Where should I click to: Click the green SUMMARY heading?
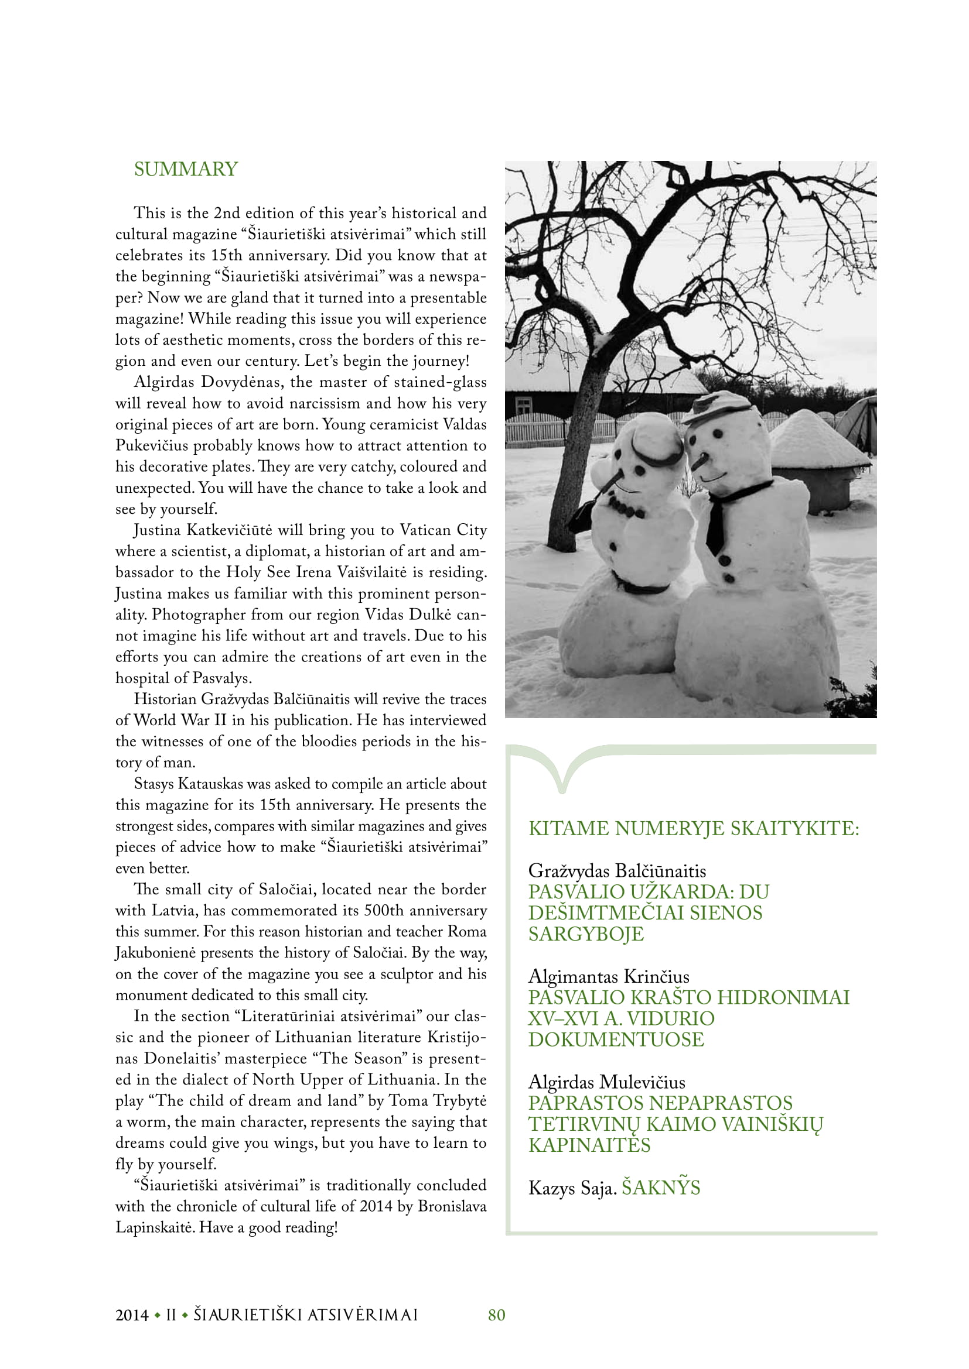click(186, 169)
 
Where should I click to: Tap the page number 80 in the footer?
click(496, 1315)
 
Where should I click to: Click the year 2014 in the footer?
click(132, 1315)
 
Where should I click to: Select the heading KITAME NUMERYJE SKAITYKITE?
click(693, 828)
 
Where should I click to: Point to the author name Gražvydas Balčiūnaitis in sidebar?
click(617, 870)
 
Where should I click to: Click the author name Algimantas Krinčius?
click(609, 976)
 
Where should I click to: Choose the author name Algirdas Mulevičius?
click(607, 1082)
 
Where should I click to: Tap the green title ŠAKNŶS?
click(660, 1188)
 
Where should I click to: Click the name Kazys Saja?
click(572, 1188)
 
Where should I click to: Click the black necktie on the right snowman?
click(716, 524)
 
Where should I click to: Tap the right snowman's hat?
click(718, 407)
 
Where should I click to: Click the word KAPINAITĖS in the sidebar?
click(589, 1145)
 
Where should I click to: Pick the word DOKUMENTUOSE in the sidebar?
click(616, 1039)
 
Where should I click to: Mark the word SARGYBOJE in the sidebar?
click(586, 934)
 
